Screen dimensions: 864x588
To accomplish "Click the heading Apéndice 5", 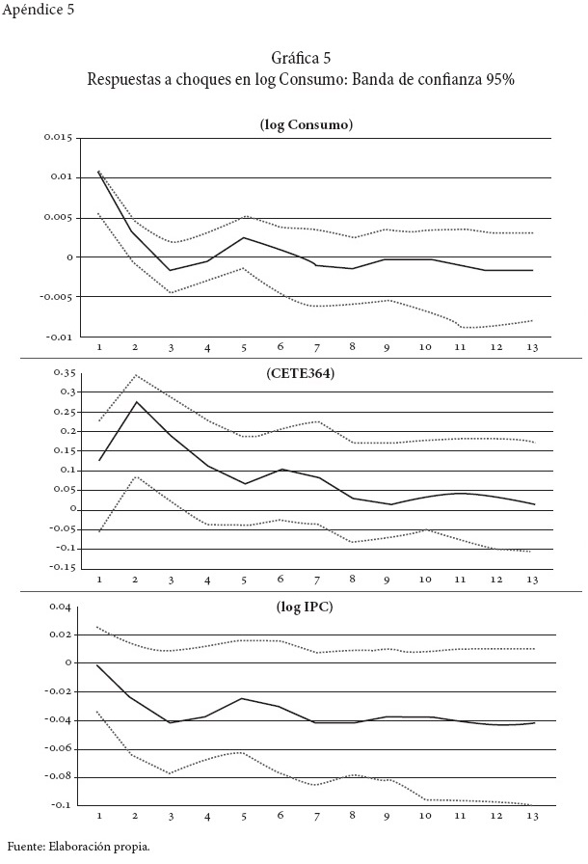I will point(39,12).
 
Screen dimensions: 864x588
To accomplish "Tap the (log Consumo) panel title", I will point(299,125).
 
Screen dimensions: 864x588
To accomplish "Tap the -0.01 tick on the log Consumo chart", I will point(61,337).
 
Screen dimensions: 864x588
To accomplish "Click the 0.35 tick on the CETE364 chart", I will point(64,372).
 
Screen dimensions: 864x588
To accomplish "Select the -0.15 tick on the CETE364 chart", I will point(62,567).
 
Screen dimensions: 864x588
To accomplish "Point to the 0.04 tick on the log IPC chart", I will point(62,607).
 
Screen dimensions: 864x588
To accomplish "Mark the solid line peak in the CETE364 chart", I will point(135,402).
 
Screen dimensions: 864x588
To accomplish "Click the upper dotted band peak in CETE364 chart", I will point(135,375).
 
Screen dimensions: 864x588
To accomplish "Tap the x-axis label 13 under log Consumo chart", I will point(531,345).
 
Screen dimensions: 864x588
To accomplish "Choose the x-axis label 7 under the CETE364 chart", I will point(315,579).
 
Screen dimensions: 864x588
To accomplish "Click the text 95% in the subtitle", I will point(498,80).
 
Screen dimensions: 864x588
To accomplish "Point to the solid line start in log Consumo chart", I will point(99,172).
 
